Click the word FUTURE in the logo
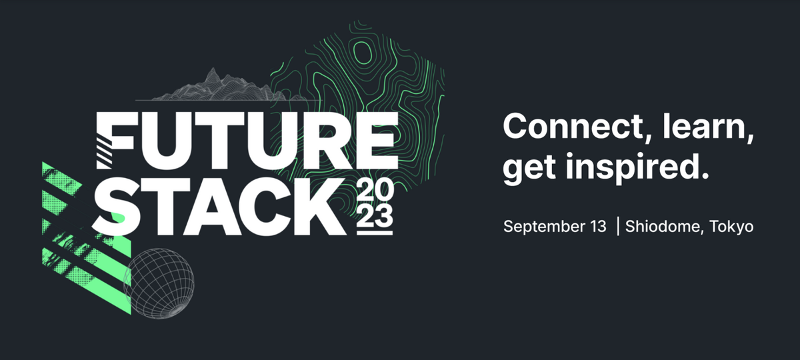[247, 141]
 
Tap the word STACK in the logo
[219, 207]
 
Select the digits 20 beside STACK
[375, 191]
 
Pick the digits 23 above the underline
[375, 217]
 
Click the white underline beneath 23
[375, 233]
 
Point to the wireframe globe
[159, 283]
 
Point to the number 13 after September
[596, 227]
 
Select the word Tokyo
[731, 227]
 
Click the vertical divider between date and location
[618, 227]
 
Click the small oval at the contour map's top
[363, 53]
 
